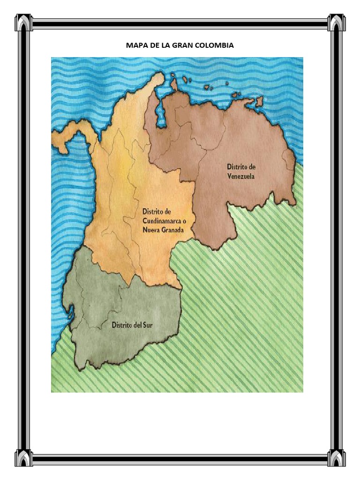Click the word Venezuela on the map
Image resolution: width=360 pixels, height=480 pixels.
241,177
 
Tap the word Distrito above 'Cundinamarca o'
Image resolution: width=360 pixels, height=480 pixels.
153,212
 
